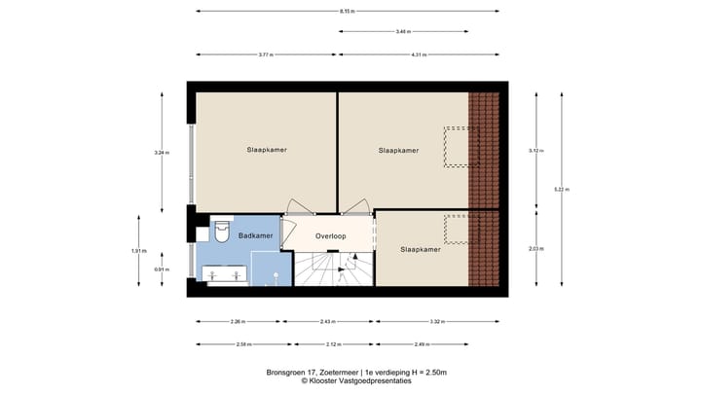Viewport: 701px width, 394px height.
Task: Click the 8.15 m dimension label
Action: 348,12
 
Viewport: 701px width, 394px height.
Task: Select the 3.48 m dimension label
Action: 402,32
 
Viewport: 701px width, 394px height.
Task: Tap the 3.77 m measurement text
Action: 266,54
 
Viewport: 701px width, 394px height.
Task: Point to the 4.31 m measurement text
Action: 419,54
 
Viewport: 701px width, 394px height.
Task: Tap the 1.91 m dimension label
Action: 137,251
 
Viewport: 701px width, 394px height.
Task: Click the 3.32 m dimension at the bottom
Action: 436,322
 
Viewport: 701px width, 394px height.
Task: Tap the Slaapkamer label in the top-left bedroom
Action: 266,150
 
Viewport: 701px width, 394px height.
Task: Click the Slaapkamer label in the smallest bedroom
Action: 420,249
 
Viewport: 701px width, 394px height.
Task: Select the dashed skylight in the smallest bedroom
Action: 457,230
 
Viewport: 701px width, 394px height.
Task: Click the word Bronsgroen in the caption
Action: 289,372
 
